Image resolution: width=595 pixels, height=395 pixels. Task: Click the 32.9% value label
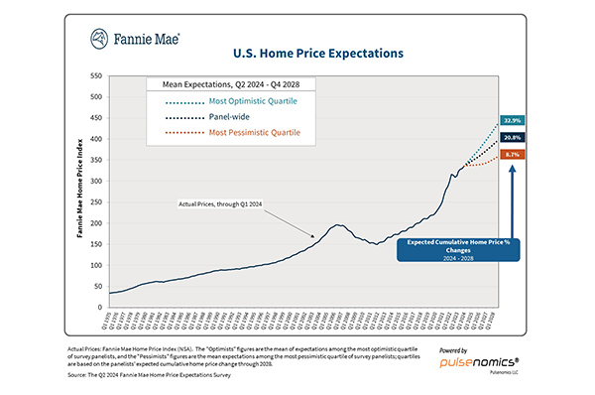pos(513,119)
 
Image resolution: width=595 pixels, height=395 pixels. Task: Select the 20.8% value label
pos(513,137)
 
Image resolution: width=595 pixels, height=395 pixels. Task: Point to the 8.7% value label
pos(513,155)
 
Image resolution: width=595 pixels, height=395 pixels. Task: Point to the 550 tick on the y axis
pos(95,75)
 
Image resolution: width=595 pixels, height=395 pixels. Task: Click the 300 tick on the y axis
pos(95,181)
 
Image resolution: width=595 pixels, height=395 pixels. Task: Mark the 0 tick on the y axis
pos(100,308)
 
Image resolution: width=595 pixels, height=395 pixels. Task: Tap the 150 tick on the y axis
pos(95,244)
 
